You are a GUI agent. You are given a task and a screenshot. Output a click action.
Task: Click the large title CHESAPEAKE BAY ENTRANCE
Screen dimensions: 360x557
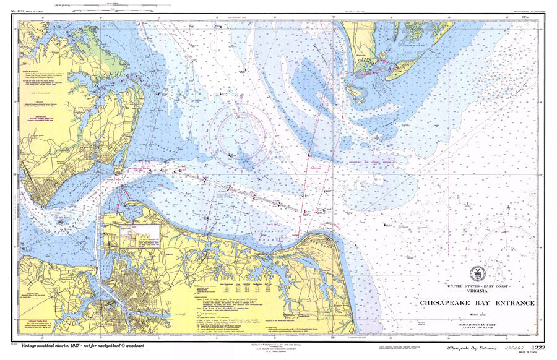coord(477,303)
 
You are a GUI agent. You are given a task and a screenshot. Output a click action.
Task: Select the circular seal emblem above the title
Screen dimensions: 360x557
coord(477,273)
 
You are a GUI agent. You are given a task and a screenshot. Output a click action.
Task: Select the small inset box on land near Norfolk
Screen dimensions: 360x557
coord(140,236)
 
